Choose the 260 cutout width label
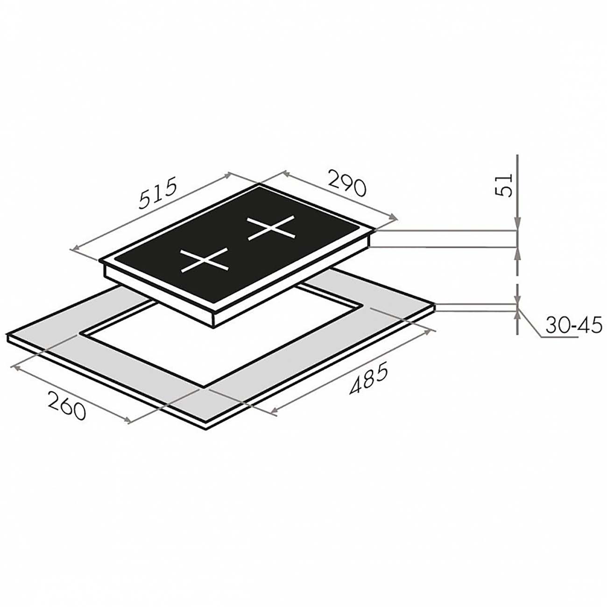point(66,405)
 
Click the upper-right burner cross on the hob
point(272,228)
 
